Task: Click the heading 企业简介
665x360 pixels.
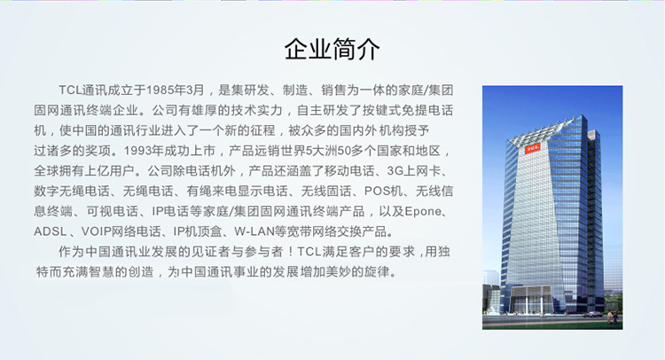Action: pyautogui.click(x=332, y=49)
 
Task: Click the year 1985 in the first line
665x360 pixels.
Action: pyautogui.click(x=159, y=90)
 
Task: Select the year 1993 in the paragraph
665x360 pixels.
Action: pyautogui.click(x=138, y=151)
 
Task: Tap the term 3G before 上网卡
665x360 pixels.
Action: pyautogui.click(x=395, y=171)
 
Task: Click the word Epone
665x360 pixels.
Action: pyautogui.click(x=423, y=211)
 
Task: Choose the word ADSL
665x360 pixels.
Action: pyautogui.click(x=51, y=231)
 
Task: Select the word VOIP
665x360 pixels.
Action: pyautogui.click(x=97, y=231)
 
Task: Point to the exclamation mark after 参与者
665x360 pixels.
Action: pyautogui.click(x=290, y=252)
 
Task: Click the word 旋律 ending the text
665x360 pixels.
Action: pyautogui.click(x=377, y=272)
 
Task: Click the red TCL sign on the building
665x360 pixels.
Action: pyautogui.click(x=532, y=148)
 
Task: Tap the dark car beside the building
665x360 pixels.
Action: pyautogui.click(x=592, y=314)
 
